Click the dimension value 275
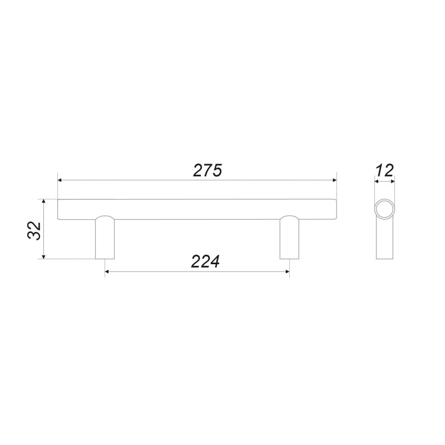coord(207,171)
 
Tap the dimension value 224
coord(205,261)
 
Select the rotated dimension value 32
coord(34,230)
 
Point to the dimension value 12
coord(385,171)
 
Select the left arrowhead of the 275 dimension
coord(60,180)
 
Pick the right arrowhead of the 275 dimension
coord(334,180)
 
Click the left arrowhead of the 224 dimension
coord(107,272)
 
